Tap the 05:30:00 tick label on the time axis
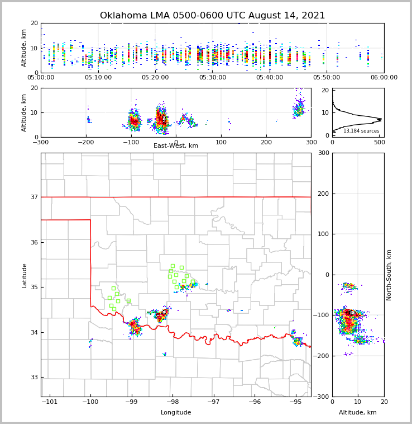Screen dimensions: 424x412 click(212, 77)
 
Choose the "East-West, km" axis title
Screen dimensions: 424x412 click(176, 146)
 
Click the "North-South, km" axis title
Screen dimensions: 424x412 click(389, 275)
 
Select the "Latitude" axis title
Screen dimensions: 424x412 click(25, 275)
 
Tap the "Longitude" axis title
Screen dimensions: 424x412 click(176, 413)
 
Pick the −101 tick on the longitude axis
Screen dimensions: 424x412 click(50, 402)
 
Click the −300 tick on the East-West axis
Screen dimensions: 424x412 click(41, 142)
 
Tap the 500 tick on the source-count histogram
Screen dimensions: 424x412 click(379, 142)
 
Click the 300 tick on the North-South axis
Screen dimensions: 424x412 click(324, 153)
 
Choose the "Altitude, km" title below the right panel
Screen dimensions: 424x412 click(358, 413)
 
